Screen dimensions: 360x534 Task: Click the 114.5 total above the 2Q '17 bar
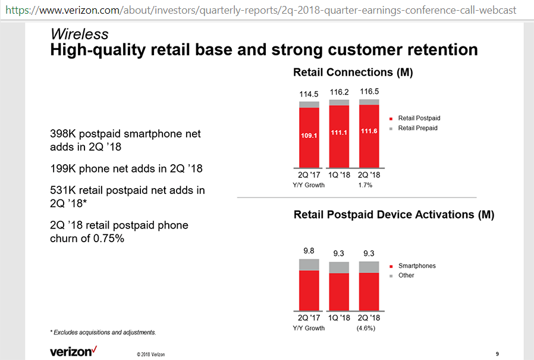pyautogui.click(x=309, y=94)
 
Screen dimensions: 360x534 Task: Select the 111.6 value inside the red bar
pyautogui.click(x=369, y=132)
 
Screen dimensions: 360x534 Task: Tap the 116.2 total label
pyautogui.click(x=339, y=93)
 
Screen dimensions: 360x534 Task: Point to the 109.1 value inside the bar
pyautogui.click(x=309, y=136)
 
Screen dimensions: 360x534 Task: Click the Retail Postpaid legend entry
pyautogui.click(x=419, y=118)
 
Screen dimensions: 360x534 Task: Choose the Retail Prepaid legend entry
pyautogui.click(x=417, y=128)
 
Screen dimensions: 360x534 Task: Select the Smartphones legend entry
pyautogui.click(x=416, y=266)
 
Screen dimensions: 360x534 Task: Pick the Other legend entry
pyautogui.click(x=406, y=276)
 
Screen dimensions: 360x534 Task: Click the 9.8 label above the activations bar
pyautogui.click(x=309, y=251)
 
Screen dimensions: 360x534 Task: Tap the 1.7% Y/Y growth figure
pyautogui.click(x=365, y=185)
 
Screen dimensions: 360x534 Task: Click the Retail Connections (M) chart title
pyautogui.click(x=353, y=73)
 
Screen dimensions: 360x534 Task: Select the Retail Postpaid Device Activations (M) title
pyautogui.click(x=394, y=215)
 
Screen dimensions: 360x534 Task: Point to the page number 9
pyautogui.click(x=497, y=355)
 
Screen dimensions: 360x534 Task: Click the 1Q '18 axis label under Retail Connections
pyautogui.click(x=339, y=176)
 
